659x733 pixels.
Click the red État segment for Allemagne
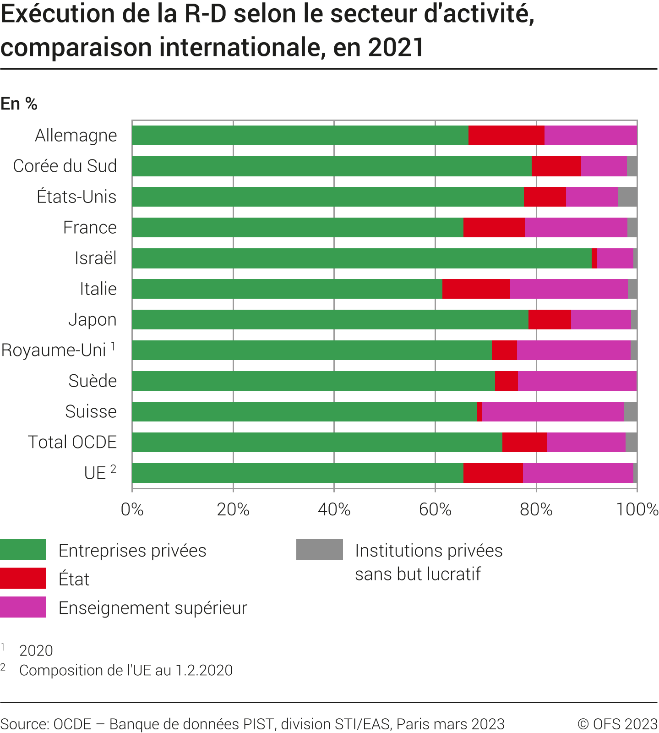click(507, 136)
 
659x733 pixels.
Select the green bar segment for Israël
click(362, 258)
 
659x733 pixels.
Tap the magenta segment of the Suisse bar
click(552, 412)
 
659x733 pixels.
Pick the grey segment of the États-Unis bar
click(627, 197)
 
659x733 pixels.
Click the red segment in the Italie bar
click(476, 289)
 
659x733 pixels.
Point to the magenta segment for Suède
click(577, 381)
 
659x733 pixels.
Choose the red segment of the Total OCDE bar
click(525, 443)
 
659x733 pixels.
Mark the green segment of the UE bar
click(298, 473)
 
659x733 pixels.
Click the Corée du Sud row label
click(65, 166)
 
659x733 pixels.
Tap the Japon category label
click(93, 320)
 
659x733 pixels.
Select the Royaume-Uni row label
click(54, 350)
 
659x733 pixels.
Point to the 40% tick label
click(334, 509)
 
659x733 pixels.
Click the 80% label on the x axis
click(536, 509)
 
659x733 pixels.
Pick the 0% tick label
click(132, 509)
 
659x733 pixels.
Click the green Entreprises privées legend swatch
click(23, 550)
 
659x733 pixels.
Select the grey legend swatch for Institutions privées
click(319, 550)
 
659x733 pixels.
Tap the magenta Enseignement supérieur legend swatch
click(23, 607)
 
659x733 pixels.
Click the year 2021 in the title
click(396, 48)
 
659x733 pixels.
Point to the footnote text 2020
click(36, 651)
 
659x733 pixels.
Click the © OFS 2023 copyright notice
click(617, 724)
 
